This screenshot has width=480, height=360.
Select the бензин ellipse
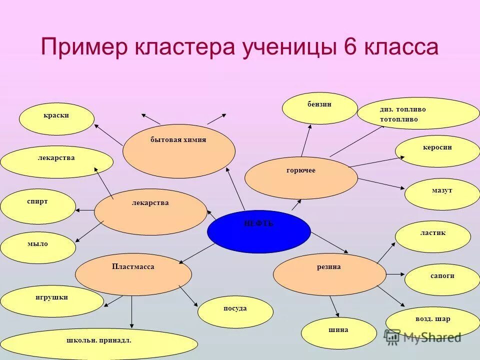tap(320, 108)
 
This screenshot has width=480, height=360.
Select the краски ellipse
tap(56, 119)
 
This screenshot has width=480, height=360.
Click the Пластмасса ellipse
tap(133, 274)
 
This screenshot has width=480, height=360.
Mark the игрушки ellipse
tap(52, 301)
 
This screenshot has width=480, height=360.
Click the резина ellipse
tap(329, 274)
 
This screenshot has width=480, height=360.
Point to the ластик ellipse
tap(433, 236)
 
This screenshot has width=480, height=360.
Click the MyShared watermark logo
tap(422, 336)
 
